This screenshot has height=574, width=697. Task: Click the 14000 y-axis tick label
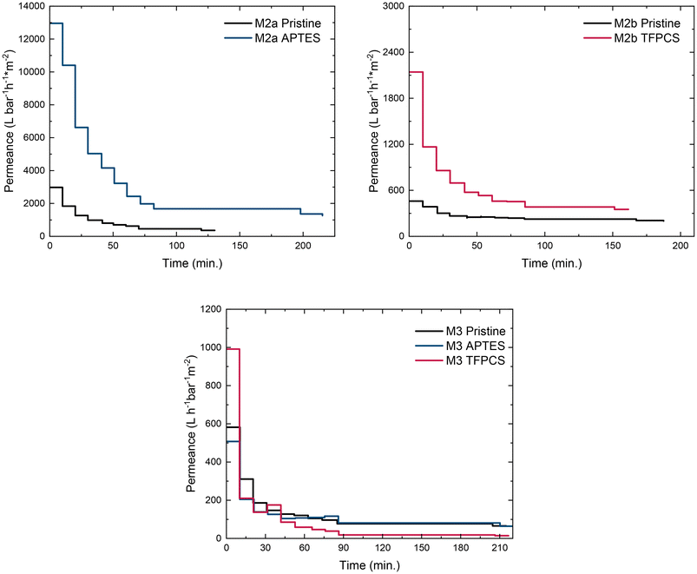tap(28, 6)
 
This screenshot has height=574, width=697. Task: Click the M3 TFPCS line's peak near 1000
tap(233, 349)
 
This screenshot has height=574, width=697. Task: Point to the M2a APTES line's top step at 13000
tap(56, 23)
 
